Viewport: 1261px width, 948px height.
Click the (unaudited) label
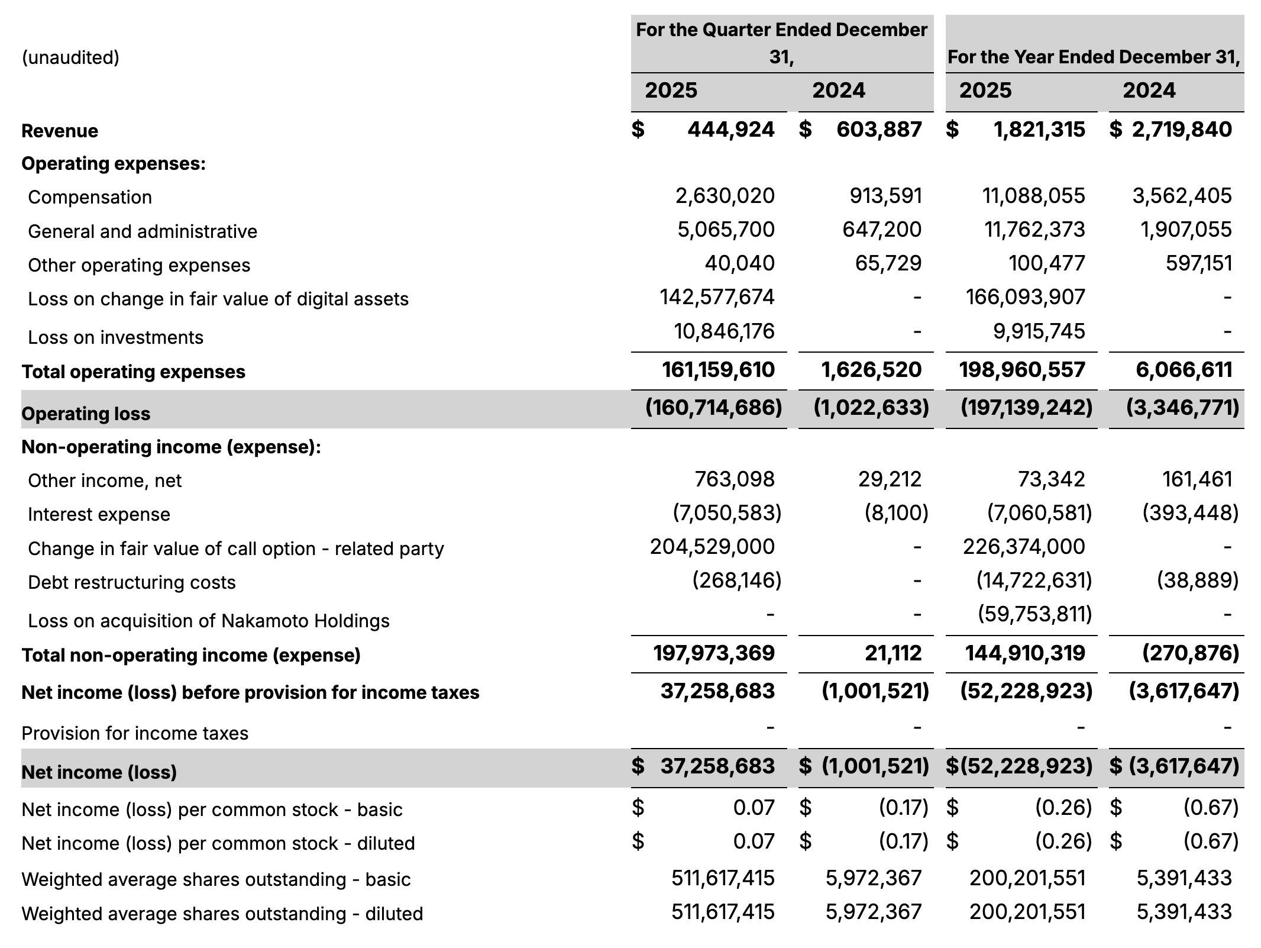point(70,57)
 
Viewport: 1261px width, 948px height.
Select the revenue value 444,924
point(730,130)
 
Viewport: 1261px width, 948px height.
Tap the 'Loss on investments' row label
point(115,337)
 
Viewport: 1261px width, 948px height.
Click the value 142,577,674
point(717,296)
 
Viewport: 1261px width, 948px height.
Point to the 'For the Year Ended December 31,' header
point(1094,57)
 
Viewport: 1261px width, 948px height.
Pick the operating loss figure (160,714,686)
point(713,407)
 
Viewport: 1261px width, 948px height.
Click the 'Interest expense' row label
point(99,514)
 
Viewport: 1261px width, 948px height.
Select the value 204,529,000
point(712,547)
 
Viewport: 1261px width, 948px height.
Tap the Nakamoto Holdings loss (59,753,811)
point(1034,614)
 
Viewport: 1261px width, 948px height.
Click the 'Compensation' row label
point(90,197)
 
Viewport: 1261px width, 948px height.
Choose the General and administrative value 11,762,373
point(1034,230)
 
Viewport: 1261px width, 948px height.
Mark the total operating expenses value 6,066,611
point(1184,370)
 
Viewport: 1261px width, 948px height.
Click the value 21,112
point(893,653)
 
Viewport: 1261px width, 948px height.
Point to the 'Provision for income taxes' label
point(135,733)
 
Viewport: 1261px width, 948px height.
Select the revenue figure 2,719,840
point(1182,130)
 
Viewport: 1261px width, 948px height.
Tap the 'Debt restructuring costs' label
point(132,582)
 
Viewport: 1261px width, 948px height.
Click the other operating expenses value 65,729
point(888,263)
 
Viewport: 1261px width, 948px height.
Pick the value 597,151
point(1199,263)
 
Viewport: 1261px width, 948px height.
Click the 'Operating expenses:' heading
point(114,163)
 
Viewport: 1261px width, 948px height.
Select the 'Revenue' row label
point(60,131)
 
